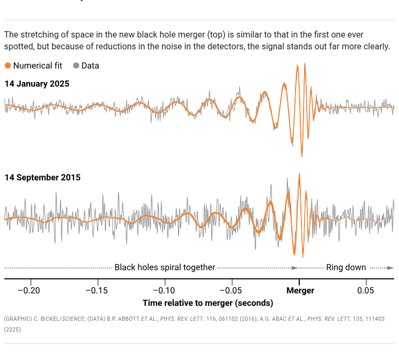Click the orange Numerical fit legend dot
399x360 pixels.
[8, 66]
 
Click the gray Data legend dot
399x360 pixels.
[76, 66]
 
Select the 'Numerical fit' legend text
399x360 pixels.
[38, 66]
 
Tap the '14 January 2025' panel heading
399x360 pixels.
[37, 84]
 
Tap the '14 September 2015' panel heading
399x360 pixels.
[42, 178]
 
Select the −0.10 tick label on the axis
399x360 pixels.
[165, 291]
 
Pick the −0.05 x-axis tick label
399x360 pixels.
[232, 291]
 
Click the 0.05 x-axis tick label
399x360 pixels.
[366, 291]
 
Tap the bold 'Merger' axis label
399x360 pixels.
[300, 291]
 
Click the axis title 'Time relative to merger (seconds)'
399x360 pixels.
[208, 303]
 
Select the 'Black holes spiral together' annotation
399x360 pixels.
[165, 267]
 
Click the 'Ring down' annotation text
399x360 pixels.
[346, 267]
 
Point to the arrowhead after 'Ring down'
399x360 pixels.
[391, 267]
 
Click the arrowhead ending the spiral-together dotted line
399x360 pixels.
[294, 267]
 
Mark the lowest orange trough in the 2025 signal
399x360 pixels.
[302, 156]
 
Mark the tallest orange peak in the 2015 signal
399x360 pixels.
[299, 175]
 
